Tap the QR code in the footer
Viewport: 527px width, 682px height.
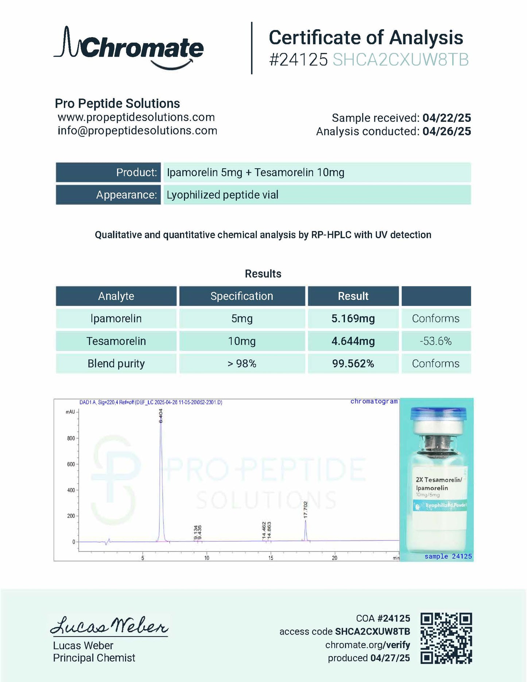(446, 638)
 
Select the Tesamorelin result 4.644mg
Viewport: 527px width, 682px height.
(353, 341)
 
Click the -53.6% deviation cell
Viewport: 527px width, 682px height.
(436, 341)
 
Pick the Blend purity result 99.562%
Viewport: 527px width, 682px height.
(353, 363)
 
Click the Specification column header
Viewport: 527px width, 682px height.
(242, 296)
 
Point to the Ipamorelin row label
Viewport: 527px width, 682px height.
(116, 319)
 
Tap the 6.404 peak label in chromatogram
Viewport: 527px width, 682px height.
(161, 416)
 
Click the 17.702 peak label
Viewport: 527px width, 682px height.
(306, 509)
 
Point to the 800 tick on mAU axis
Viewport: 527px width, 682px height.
(71, 438)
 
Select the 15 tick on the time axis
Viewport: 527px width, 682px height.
(271, 558)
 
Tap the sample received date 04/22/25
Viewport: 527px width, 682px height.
(446, 118)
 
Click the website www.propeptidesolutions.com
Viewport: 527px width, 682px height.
(136, 117)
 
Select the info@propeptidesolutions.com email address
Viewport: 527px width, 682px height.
(137, 131)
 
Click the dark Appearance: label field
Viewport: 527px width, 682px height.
(108, 195)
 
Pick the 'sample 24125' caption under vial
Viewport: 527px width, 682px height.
(448, 556)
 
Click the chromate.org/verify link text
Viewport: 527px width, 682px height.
(368, 645)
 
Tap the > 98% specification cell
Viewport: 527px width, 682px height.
(242, 363)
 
